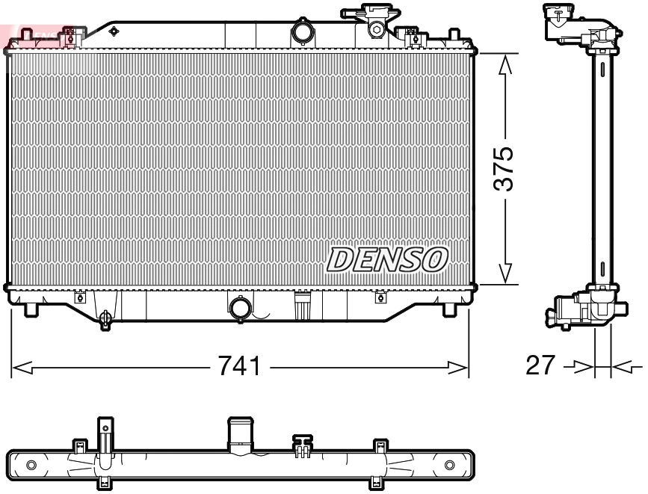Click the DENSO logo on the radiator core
[x=386, y=259]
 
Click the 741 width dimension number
[x=239, y=366]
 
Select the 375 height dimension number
[x=507, y=168]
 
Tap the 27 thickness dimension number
[x=541, y=365]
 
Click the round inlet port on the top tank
[x=302, y=33]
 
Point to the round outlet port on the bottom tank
[x=240, y=308]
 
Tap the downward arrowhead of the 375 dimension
[x=507, y=274]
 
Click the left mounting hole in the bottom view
[x=31, y=466]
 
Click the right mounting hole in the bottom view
[x=449, y=466]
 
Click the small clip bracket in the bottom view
[x=302, y=445]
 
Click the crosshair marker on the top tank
[x=114, y=31]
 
